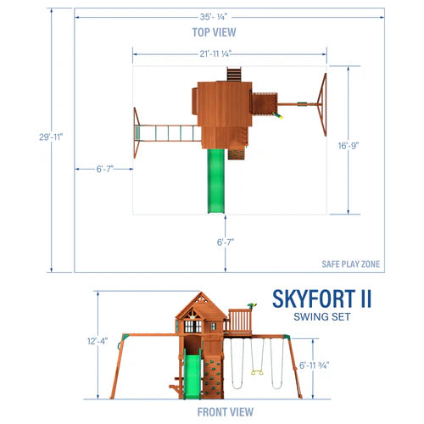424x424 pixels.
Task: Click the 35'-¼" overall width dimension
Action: pos(214,15)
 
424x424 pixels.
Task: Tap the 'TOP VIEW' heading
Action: pos(213,32)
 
